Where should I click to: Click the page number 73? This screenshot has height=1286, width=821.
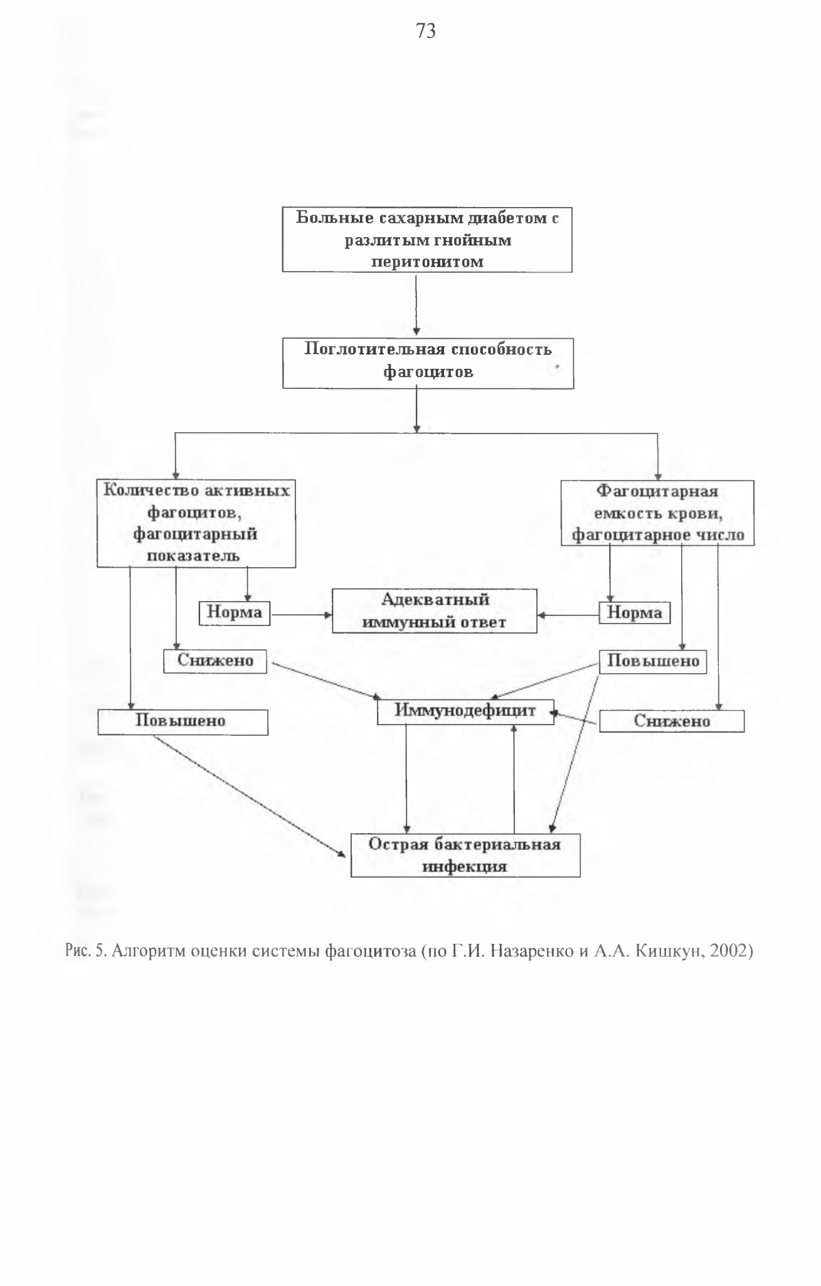coord(426,31)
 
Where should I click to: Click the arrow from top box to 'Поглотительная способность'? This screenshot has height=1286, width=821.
coord(416,305)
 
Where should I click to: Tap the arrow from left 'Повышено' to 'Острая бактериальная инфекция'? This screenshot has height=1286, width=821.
coord(250,796)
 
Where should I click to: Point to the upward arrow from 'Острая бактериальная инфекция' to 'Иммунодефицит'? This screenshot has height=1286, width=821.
coord(514,779)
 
